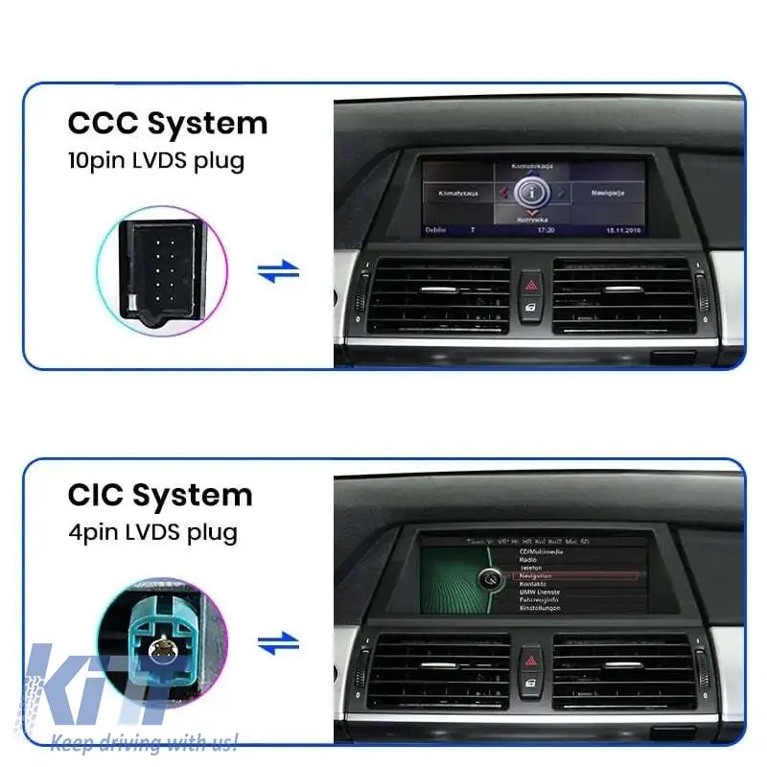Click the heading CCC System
168,124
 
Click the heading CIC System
160,496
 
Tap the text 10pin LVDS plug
156,160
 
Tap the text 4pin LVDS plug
152,531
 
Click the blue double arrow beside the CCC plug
278,271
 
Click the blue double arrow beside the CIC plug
278,643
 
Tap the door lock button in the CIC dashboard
530,683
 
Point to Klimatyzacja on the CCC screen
458,193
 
